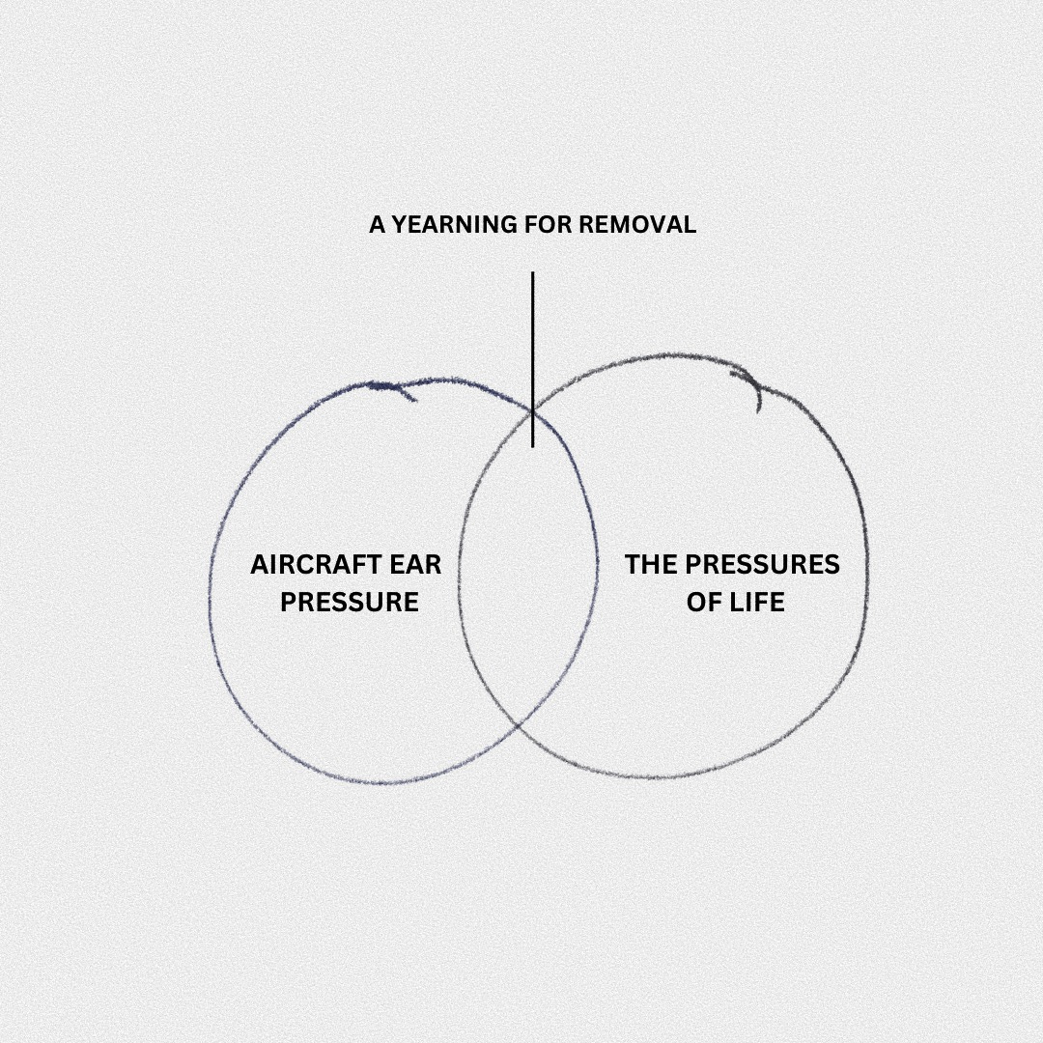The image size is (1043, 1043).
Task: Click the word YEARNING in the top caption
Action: click(454, 225)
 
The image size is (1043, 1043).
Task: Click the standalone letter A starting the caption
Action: click(378, 225)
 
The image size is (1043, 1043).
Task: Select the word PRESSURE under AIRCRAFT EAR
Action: click(349, 603)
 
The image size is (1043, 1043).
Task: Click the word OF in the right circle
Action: click(702, 603)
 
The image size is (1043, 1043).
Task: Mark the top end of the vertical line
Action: click(532, 273)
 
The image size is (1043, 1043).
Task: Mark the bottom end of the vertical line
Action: click(532, 445)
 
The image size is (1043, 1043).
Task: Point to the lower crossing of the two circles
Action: click(519, 723)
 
